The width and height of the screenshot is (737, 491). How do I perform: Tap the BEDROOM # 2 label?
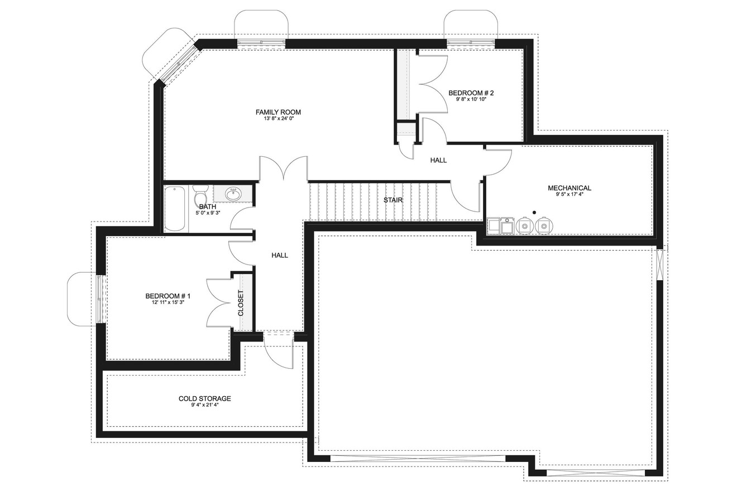[471, 93]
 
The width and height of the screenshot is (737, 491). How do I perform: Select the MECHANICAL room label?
[569, 188]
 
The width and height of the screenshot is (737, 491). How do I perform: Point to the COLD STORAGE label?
[204, 398]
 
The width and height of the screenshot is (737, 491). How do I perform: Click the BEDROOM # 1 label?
[168, 296]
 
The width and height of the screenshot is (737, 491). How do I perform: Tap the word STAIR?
[393, 200]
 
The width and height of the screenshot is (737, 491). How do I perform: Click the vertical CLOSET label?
[241, 303]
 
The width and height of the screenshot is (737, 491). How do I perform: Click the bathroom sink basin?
[233, 194]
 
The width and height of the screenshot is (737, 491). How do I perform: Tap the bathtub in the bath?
[175, 209]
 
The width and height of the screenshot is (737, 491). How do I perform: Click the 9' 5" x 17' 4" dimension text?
[569, 195]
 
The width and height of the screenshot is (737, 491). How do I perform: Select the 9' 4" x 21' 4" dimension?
[204, 405]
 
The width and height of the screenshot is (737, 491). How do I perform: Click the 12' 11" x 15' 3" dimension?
[168, 302]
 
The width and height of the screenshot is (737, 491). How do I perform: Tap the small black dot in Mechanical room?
[534, 212]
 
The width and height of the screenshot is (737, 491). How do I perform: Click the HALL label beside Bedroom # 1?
[280, 255]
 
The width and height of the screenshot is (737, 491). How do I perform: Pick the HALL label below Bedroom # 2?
[438, 160]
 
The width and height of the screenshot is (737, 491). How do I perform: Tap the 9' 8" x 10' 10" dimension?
[471, 99]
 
